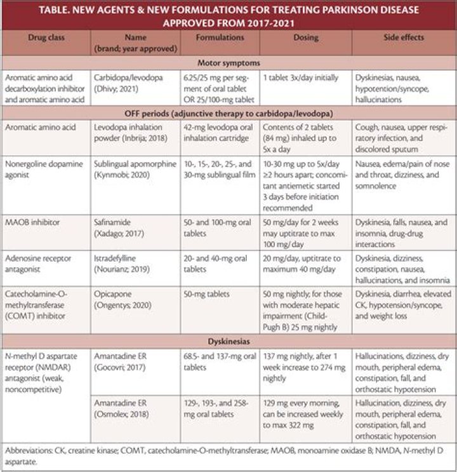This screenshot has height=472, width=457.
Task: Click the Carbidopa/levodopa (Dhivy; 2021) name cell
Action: [128, 82]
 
